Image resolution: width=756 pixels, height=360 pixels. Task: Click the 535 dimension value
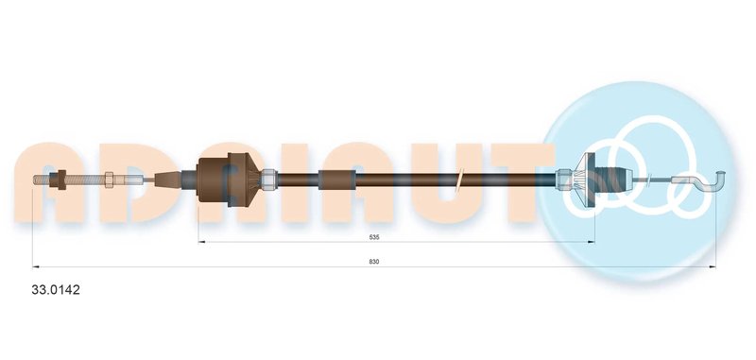(374, 237)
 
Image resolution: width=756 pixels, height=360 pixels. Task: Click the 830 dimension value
(374, 262)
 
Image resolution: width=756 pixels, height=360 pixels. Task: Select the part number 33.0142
(56, 290)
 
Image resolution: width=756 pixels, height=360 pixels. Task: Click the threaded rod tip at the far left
(35, 180)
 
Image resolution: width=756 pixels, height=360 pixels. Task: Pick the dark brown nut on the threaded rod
(61, 180)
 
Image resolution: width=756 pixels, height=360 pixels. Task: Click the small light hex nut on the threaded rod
(109, 180)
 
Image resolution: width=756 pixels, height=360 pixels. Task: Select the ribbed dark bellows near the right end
(611, 180)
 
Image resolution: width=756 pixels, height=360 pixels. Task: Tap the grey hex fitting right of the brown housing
(269, 180)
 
